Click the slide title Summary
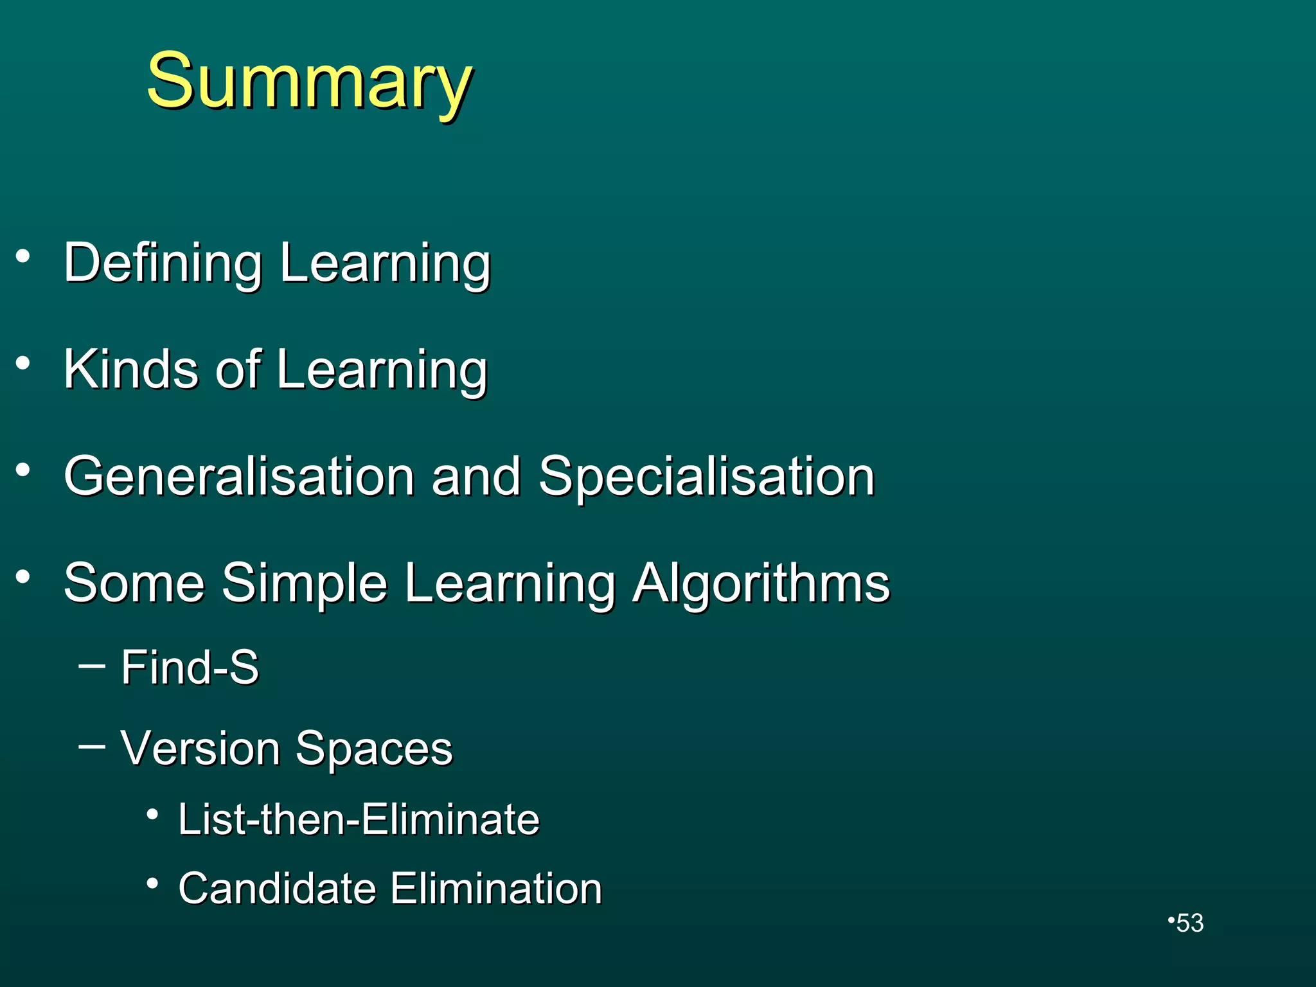[310, 82]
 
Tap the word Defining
[163, 263]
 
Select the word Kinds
[131, 369]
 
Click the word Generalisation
[239, 476]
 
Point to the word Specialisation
[707, 477]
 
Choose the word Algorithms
[761, 583]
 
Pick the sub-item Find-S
[190, 667]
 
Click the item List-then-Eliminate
[359, 819]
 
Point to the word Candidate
[277, 889]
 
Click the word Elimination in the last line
[496, 889]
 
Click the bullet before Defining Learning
[24, 257]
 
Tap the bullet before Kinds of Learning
[24, 364]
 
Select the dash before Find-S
[91, 666]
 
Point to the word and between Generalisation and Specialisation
[476, 477]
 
